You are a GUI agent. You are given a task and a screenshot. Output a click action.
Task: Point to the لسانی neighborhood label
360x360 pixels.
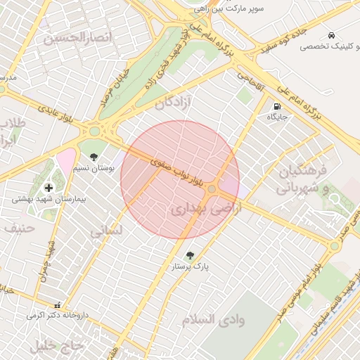106,230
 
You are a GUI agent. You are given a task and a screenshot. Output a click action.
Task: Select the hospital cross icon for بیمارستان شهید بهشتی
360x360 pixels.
49,187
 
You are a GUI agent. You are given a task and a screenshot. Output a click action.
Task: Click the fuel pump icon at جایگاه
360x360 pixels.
277,105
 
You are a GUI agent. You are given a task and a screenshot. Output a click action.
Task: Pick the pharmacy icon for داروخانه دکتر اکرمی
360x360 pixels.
57,306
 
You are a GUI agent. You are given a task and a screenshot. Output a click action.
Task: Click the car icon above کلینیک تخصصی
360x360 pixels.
330,35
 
